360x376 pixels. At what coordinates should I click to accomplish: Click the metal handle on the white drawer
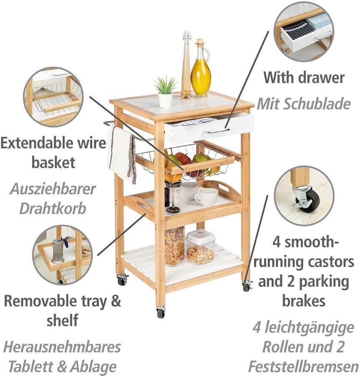pos(216,131)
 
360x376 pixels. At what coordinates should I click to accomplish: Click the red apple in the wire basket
pos(183,158)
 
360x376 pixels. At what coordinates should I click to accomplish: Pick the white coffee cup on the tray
pos(206,197)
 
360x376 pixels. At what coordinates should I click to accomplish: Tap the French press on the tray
pos(172,197)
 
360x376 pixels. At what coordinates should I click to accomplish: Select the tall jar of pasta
pos(175,246)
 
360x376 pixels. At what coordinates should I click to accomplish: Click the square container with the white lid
pos(200,247)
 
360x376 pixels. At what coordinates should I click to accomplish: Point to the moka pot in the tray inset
pos(58,251)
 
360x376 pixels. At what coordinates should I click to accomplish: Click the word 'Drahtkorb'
pos(53,208)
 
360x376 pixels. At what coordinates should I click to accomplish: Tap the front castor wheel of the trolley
pos(161,312)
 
